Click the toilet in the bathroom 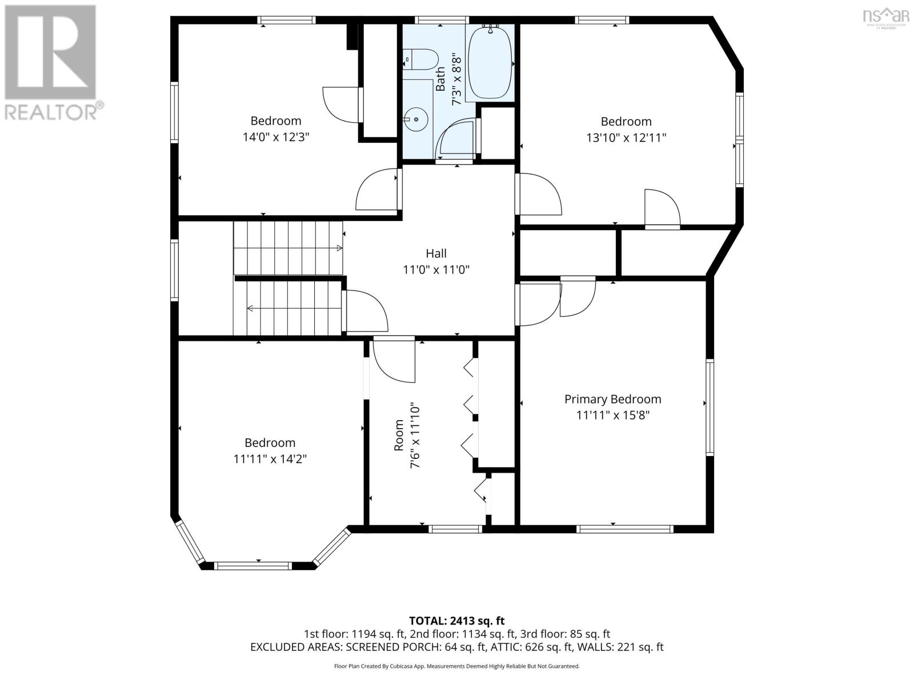[422, 60]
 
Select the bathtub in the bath [490, 63]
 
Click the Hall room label [436, 253]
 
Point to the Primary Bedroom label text [612, 400]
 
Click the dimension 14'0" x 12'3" [275, 137]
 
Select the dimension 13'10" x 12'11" [626, 138]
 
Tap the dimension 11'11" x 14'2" [270, 459]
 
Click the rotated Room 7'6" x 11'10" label [407, 436]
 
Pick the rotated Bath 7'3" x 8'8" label [448, 79]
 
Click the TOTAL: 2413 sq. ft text [456, 620]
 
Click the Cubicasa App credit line [456, 666]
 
